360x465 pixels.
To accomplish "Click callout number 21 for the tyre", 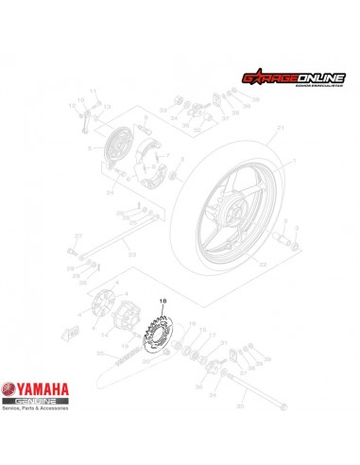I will pos(280,127).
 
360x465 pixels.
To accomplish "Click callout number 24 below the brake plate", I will pos(111,192).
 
